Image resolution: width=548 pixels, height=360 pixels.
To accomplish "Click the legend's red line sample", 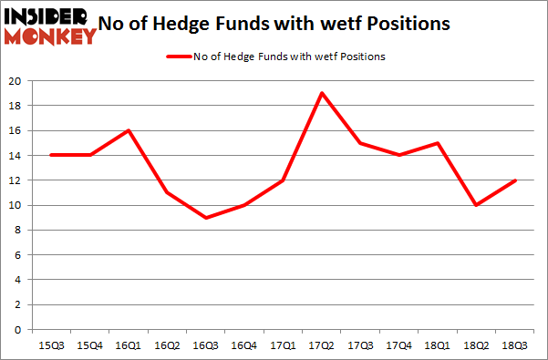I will pyautogui.click(x=177, y=57).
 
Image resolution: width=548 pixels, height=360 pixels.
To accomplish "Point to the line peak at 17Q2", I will pyautogui.click(x=322, y=93).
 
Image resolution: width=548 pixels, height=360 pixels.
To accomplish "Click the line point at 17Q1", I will pyautogui.click(x=283, y=180).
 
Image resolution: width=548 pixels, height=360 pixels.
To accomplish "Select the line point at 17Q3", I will pyautogui.click(x=361, y=143).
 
